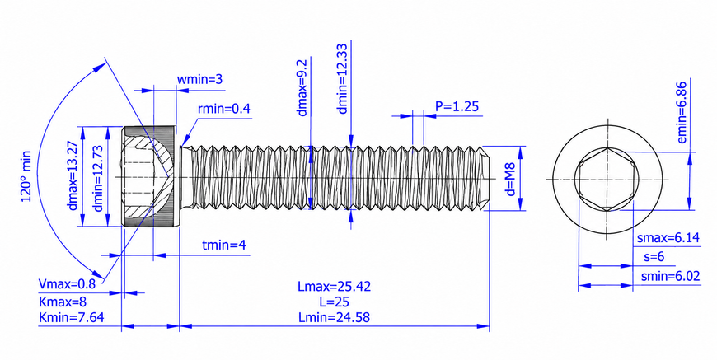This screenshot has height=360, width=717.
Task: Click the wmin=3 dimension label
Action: [199, 79]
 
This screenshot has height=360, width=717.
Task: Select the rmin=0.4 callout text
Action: [224, 109]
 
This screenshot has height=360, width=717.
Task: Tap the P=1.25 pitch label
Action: [457, 106]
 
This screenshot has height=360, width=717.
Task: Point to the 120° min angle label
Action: [26, 176]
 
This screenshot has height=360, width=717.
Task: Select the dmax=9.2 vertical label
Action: [302, 87]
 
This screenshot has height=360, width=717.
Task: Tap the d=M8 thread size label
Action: [511, 179]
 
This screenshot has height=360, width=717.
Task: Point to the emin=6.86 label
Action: [682, 113]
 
